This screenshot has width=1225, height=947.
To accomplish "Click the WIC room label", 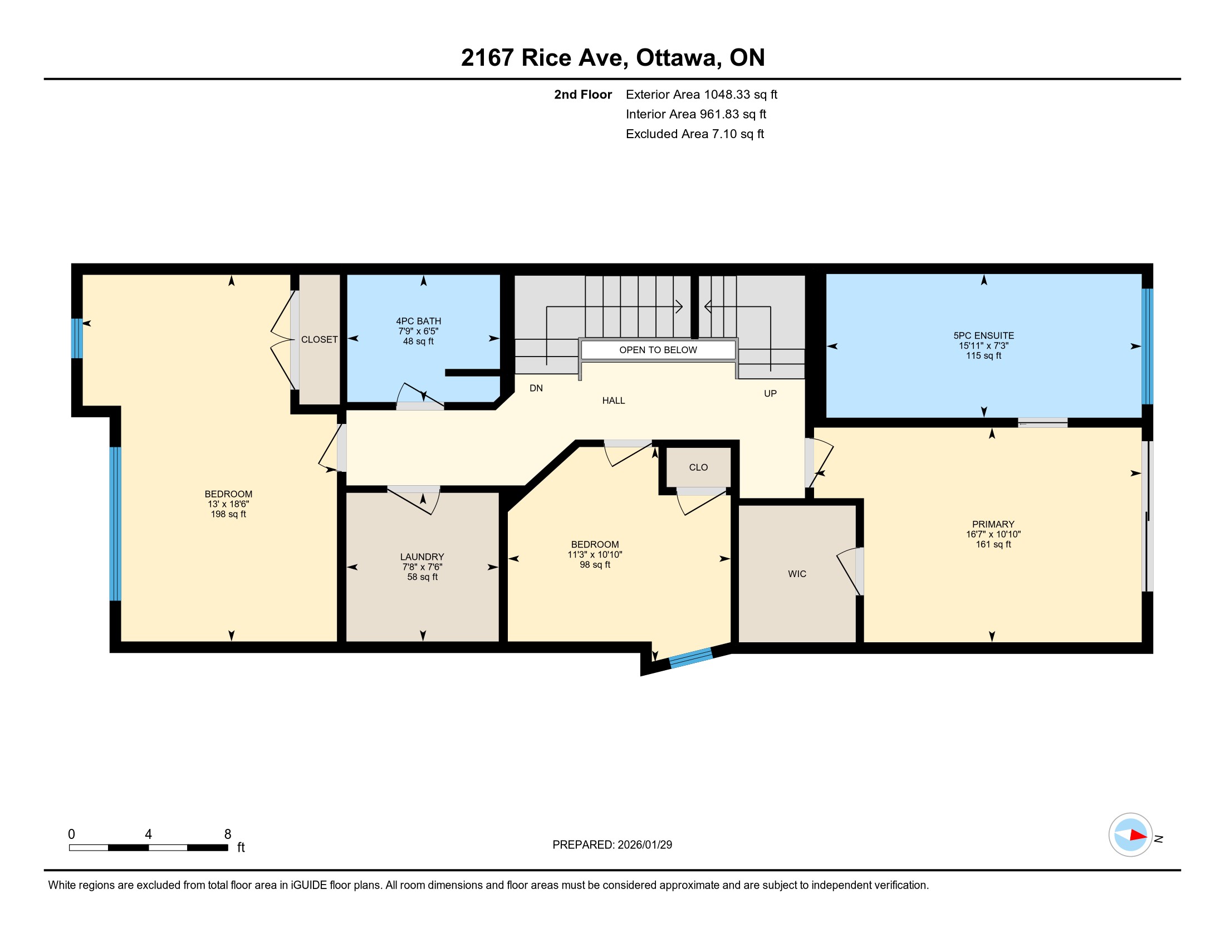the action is [x=797, y=574].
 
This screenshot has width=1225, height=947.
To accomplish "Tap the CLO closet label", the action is [x=698, y=467].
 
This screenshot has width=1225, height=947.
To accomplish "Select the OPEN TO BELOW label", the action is [x=658, y=350].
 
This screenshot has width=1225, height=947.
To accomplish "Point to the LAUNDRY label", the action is [x=422, y=557].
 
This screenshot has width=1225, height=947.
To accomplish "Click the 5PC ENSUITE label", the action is [x=984, y=335].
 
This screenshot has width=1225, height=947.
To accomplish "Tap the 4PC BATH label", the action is [x=418, y=321].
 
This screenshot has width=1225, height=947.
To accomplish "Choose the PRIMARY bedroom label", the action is [x=993, y=524].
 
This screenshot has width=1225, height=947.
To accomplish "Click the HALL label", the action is [x=614, y=401].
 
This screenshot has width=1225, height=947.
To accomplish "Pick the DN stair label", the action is [x=536, y=388].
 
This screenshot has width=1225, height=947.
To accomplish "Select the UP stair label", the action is [x=770, y=394].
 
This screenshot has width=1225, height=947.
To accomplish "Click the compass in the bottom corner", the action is [x=1130, y=835].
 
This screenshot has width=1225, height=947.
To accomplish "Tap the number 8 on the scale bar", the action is [x=228, y=834].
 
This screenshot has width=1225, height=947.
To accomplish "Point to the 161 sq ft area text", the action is [x=993, y=544].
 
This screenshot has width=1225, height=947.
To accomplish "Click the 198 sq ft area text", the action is [x=228, y=514].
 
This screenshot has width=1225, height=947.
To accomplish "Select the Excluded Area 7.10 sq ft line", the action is [x=695, y=134].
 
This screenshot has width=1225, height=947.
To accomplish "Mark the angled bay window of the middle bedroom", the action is [x=691, y=657].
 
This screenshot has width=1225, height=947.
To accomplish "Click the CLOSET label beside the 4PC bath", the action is [x=319, y=339].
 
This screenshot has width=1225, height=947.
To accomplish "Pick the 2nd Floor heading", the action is [x=583, y=95].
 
